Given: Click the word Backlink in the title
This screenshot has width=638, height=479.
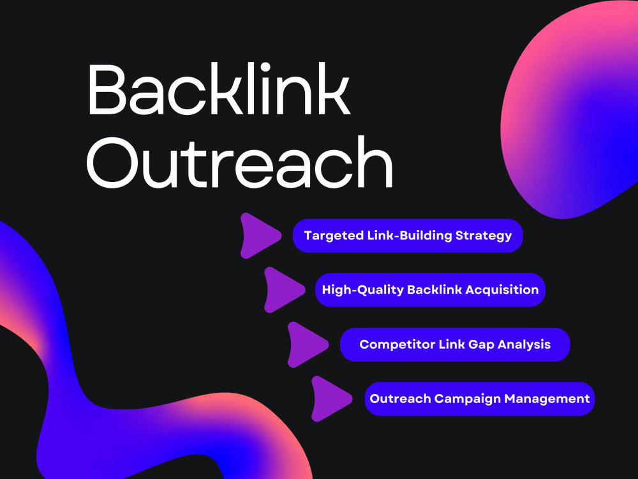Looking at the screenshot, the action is [218, 88].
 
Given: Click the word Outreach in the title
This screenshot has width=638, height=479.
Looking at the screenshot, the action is [240, 162].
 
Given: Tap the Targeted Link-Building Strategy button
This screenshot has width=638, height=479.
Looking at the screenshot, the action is [408, 236].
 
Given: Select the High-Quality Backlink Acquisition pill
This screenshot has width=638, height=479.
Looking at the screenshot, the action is [430, 289].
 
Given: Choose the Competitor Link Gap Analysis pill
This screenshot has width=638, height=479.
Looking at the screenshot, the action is [455, 345].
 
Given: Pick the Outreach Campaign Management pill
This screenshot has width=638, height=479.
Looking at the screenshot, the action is [480, 399].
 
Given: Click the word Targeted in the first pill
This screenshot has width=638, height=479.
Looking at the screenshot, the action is [334, 236].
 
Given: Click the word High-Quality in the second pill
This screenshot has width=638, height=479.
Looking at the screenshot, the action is [362, 290].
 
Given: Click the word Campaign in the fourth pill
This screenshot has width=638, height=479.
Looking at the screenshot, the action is [468, 399].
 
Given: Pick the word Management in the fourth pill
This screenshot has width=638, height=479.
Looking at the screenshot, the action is [547, 399].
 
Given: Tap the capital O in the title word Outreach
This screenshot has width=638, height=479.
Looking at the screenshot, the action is [113, 162].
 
